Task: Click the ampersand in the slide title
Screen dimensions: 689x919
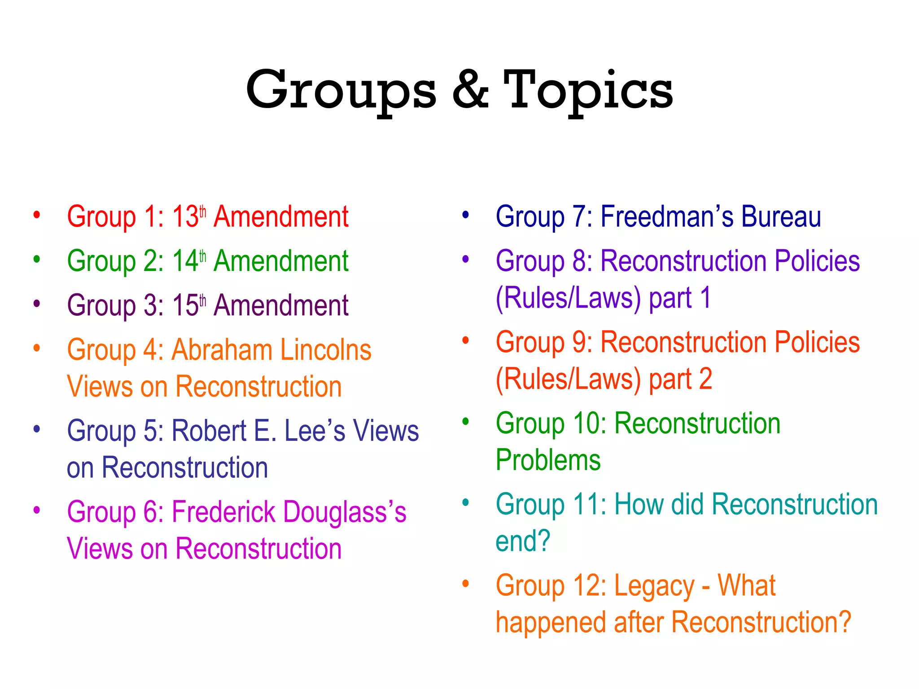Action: [470, 90]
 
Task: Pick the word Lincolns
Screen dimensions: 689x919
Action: [326, 350]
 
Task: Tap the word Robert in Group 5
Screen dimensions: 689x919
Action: [209, 431]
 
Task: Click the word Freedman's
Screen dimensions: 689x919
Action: [667, 217]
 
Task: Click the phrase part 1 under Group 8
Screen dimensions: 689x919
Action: [680, 298]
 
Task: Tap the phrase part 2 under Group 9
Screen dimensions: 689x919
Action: [681, 379]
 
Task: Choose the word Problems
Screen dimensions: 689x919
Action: [548, 461]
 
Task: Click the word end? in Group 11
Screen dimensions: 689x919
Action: [523, 541]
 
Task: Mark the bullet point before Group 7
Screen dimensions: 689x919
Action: [466, 215]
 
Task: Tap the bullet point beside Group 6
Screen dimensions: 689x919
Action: [37, 510]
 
